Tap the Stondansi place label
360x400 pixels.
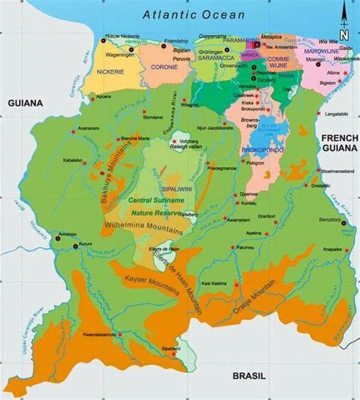[x=153, y=118]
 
